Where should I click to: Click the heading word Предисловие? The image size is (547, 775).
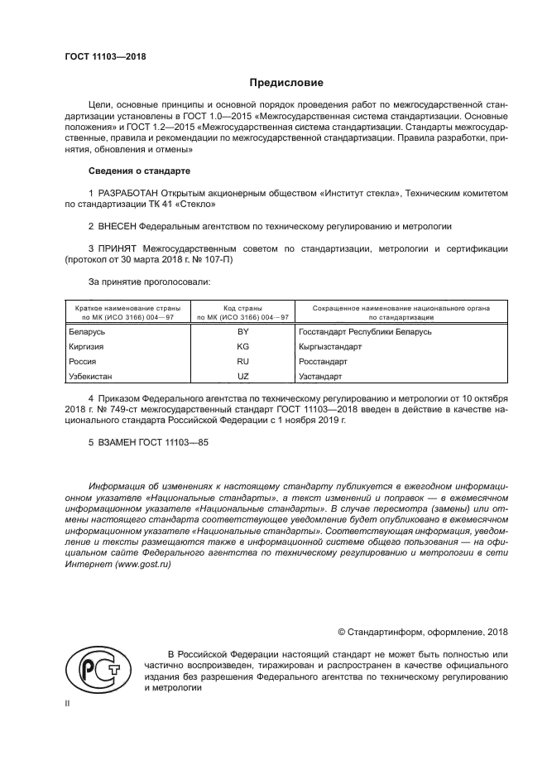point(286,83)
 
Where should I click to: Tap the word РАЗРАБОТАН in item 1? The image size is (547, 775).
point(127,193)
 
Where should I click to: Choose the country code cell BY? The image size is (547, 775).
point(242,331)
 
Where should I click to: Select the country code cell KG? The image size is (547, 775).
point(242,347)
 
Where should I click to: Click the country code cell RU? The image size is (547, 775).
point(242,362)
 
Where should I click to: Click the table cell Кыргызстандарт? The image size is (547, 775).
point(330,347)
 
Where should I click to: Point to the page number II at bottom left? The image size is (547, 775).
point(68,703)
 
